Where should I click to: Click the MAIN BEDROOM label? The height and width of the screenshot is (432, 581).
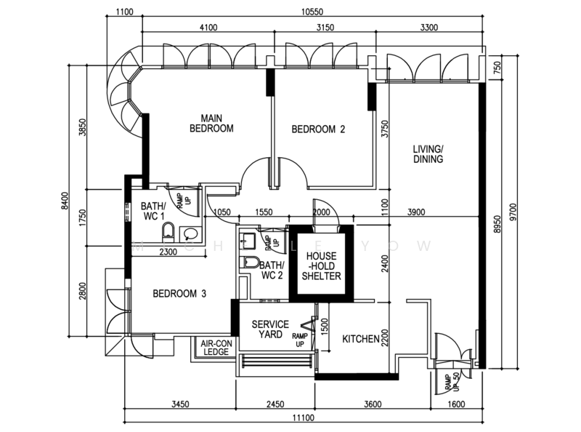click(x=211, y=124)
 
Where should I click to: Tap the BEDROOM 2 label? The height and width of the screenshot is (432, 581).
click(x=318, y=130)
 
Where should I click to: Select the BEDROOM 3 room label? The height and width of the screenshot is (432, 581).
click(x=180, y=294)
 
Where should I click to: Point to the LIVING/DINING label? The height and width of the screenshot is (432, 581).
click(x=428, y=154)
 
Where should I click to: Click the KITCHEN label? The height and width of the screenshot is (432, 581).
click(x=361, y=339)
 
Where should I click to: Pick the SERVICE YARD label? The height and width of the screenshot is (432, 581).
click(x=270, y=329)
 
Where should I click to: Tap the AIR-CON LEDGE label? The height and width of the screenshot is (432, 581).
click(x=213, y=348)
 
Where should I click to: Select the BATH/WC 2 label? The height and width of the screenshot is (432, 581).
click(x=271, y=271)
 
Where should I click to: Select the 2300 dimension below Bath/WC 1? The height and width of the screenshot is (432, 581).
click(x=167, y=252)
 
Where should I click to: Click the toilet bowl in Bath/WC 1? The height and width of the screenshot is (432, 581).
click(x=168, y=231)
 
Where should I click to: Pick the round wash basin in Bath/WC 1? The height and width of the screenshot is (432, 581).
click(x=190, y=233)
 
